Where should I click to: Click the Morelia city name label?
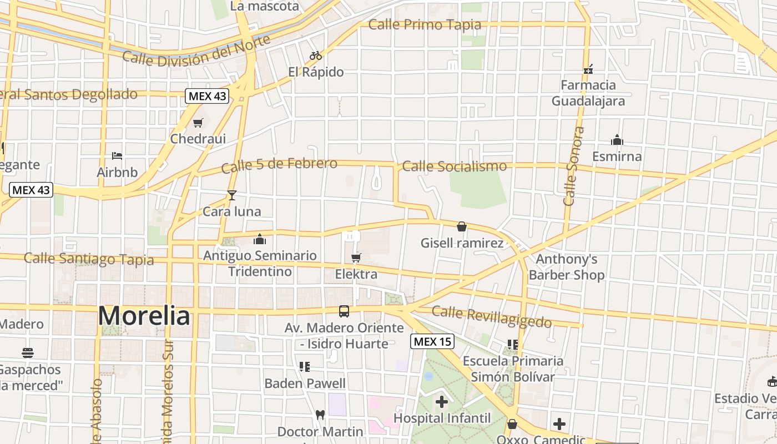(144, 316)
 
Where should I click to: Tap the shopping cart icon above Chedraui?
(198, 123)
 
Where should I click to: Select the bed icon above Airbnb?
(117, 156)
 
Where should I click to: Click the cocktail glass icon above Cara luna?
(231, 195)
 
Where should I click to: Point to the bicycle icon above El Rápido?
(316, 56)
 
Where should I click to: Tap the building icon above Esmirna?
(617, 140)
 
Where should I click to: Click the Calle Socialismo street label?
(454, 166)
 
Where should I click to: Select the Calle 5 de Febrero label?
(279, 165)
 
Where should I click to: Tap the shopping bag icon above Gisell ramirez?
(461, 226)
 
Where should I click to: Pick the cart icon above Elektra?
(356, 258)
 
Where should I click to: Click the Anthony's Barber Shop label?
(566, 267)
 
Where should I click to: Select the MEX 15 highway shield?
(432, 341)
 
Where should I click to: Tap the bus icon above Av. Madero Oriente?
(344, 311)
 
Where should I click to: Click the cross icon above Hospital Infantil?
(442, 401)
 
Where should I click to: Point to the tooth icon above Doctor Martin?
(320, 414)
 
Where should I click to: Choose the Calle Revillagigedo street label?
(492, 317)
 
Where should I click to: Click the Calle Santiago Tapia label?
(89, 259)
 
